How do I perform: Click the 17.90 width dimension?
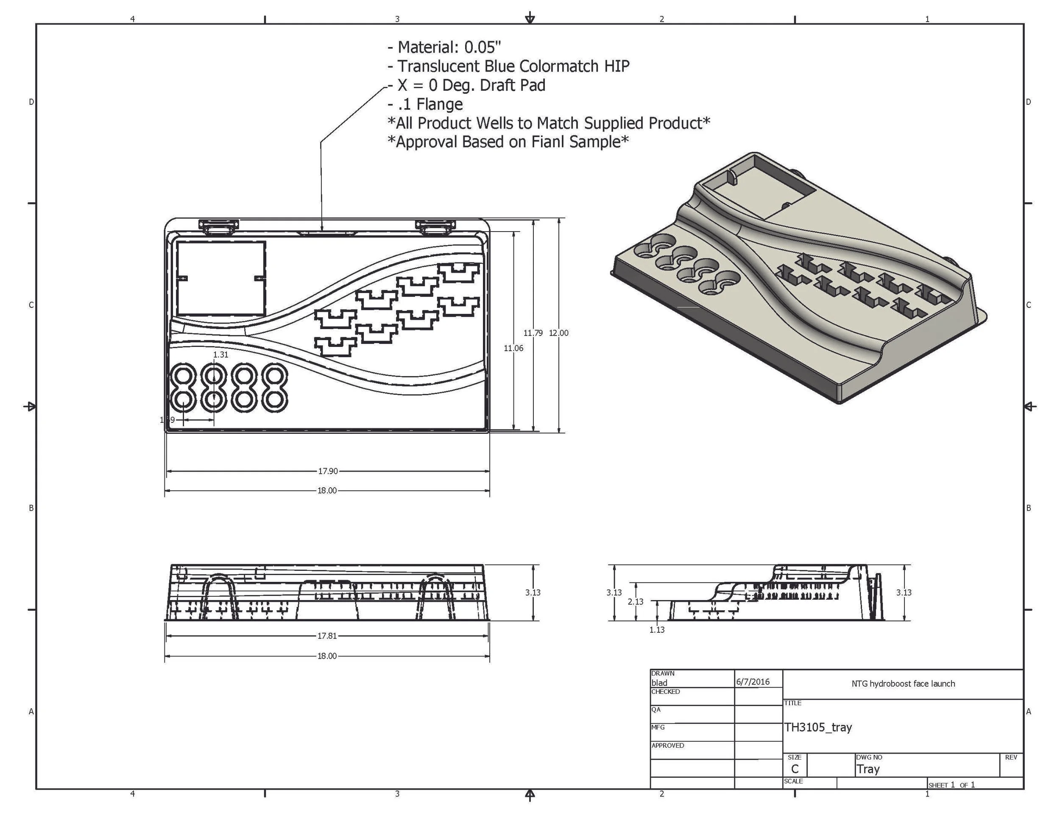[327, 471]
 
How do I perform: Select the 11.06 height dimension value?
[513, 348]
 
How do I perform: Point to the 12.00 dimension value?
[559, 333]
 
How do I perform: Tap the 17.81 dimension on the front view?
[327, 636]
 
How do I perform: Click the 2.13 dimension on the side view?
[635, 601]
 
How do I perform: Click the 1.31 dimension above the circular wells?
[220, 355]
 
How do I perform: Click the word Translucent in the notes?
[438, 66]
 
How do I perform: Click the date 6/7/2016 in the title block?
[753, 682]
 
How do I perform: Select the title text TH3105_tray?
[818, 727]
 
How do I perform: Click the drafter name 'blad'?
[659, 683]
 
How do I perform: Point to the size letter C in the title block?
[795, 769]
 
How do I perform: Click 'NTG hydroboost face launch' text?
[903, 684]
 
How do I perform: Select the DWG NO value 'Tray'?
[868, 769]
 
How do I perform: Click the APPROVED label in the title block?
[668, 745]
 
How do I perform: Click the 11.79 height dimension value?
[533, 333]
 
